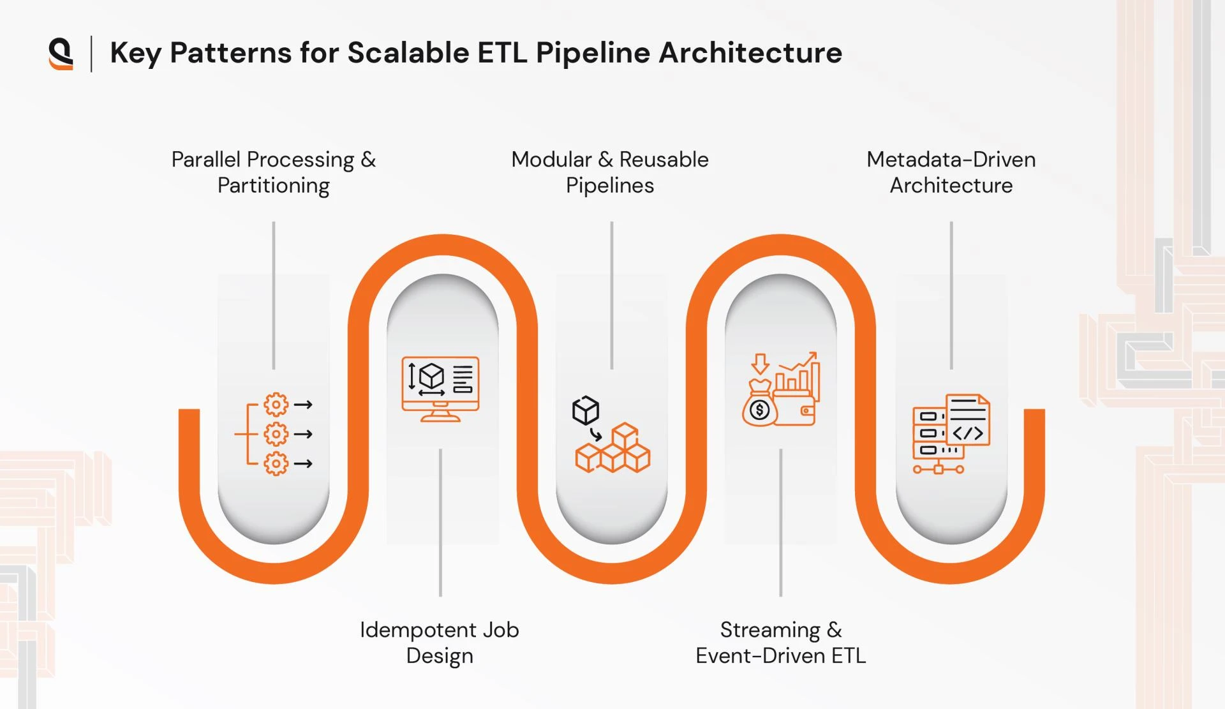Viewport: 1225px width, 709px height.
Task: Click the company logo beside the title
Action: coord(61,54)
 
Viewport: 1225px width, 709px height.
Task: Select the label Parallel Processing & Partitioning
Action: coord(274,172)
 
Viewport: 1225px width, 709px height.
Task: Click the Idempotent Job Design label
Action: coord(440,643)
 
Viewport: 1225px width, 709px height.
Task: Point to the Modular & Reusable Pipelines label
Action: coord(610,172)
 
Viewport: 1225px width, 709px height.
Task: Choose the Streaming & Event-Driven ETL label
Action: coord(780,643)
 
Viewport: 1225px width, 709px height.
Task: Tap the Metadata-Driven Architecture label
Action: coord(951,172)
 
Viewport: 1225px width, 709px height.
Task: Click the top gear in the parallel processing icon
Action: coord(276,405)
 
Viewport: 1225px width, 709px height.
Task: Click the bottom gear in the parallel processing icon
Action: coord(276,463)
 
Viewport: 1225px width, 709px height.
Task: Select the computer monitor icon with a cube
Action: coord(440,388)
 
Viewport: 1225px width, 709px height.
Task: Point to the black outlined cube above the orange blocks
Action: coord(586,410)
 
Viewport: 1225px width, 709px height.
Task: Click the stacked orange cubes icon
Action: coord(613,451)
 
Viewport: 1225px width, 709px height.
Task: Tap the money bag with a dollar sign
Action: coord(759,407)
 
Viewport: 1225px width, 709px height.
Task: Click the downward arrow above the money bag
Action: coord(760,364)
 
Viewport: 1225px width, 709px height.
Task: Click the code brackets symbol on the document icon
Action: coord(968,434)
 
